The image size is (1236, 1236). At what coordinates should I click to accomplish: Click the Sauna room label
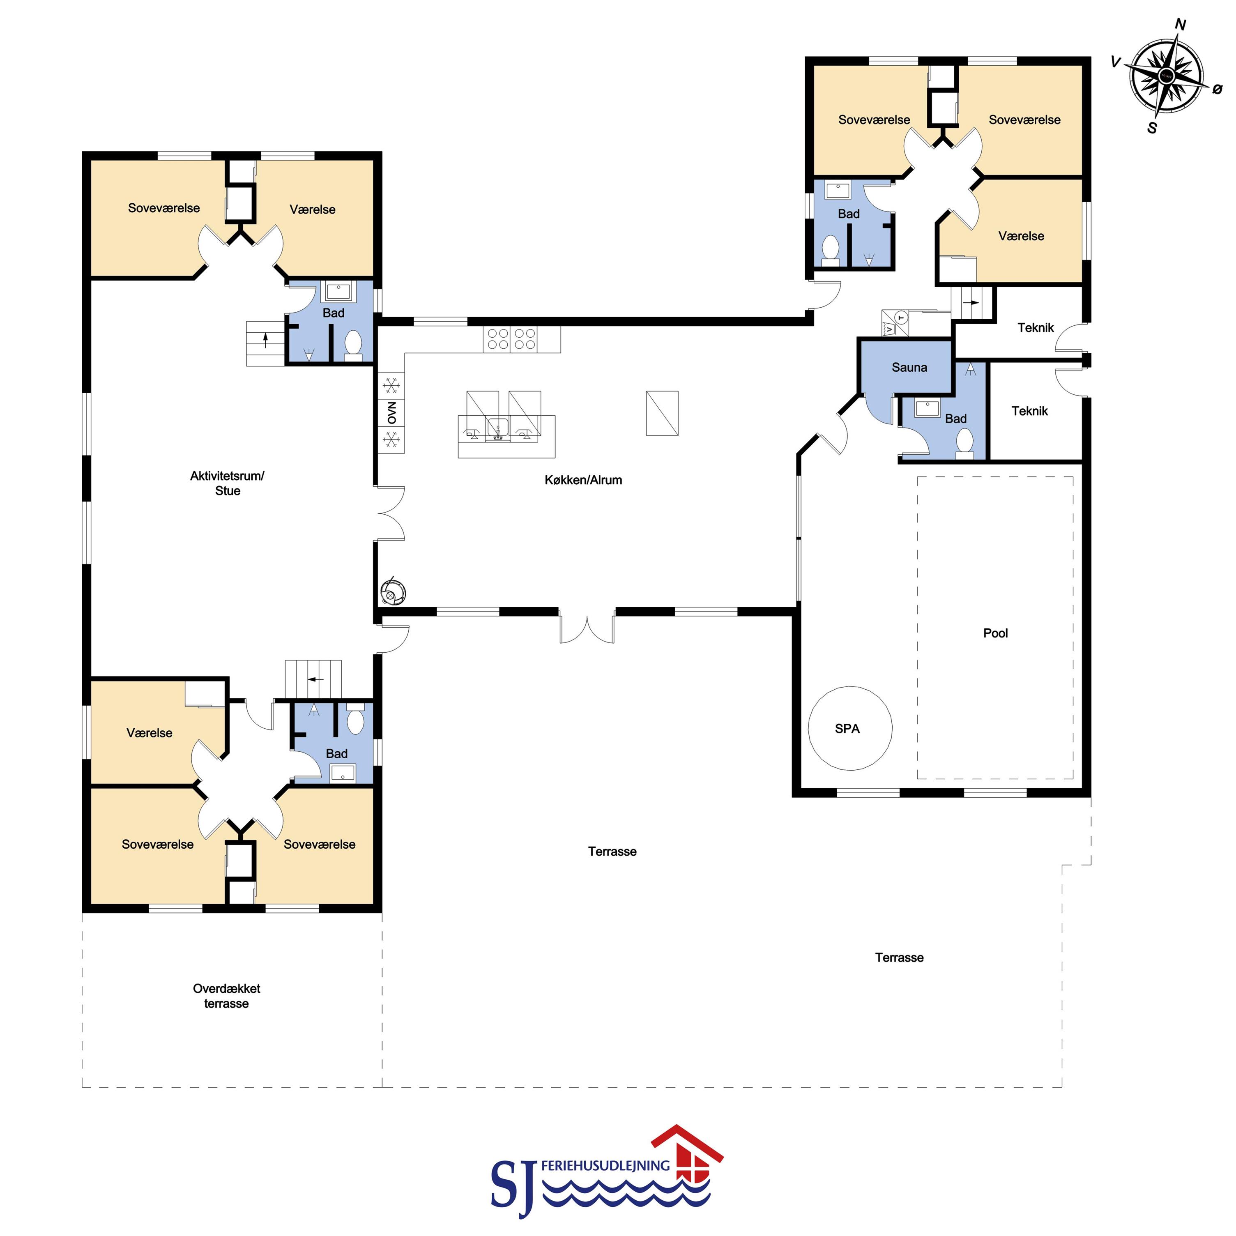(909, 367)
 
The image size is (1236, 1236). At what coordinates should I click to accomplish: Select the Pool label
(995, 633)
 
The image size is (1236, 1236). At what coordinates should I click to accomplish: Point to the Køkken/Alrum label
(583, 480)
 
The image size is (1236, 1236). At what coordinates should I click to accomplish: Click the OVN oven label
(391, 413)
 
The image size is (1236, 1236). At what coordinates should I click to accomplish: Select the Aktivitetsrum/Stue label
(227, 483)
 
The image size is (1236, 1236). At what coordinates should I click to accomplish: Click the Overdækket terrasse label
(226, 995)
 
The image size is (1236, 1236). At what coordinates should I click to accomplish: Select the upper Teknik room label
(1035, 327)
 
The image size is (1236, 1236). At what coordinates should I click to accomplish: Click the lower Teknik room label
(1029, 411)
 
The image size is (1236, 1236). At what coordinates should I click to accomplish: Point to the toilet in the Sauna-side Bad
(965, 443)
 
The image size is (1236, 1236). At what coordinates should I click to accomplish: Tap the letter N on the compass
(1181, 25)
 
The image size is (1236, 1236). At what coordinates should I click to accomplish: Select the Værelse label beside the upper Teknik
(1021, 236)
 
